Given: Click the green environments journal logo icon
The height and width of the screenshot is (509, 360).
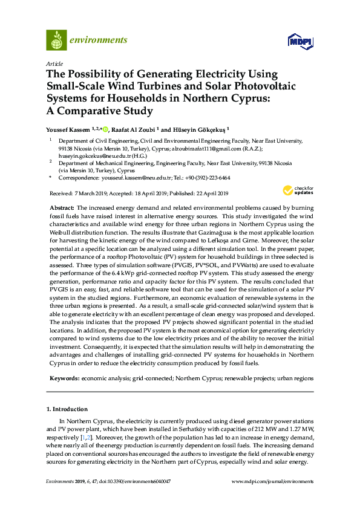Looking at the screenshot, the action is tap(56, 41).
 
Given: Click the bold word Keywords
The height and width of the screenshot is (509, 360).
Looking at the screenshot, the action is tap(64, 378).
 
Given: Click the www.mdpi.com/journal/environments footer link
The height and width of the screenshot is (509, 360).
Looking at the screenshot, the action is tap(273, 481).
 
